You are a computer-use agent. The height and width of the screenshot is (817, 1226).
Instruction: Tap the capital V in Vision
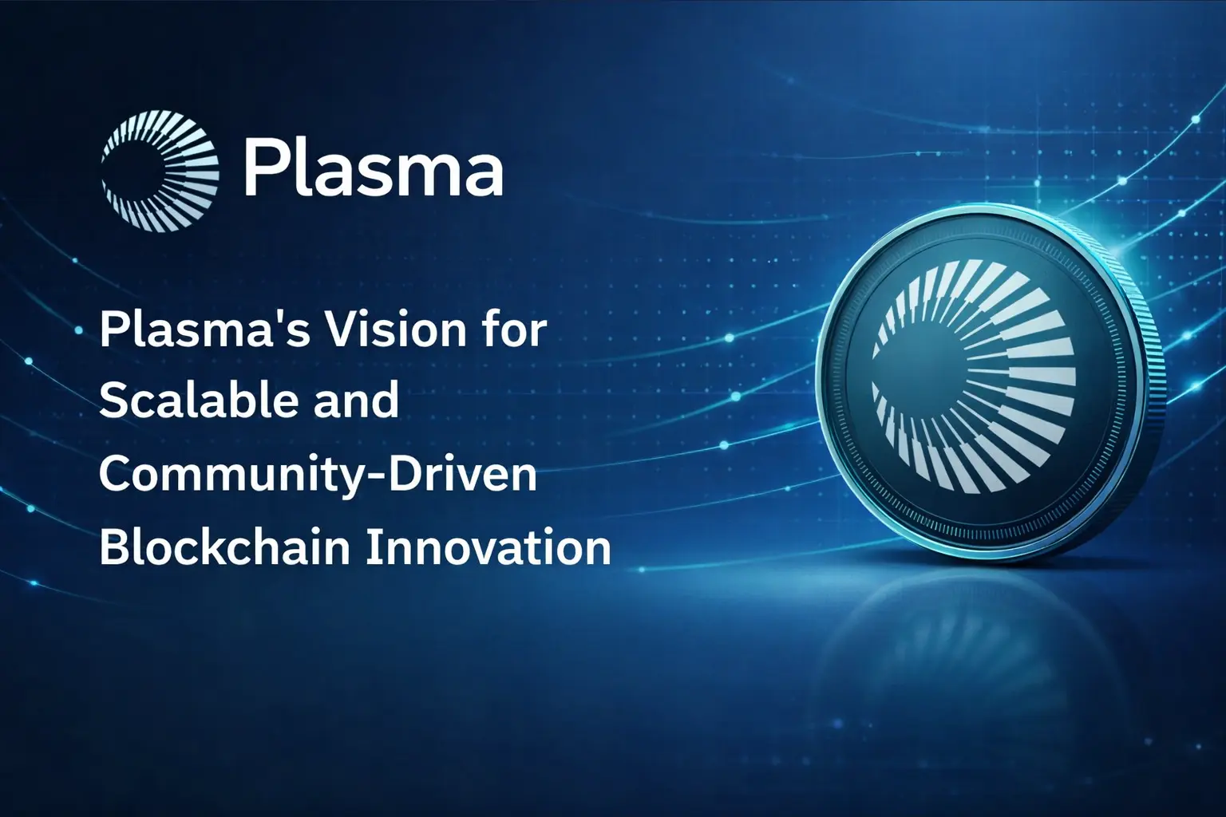click(x=344, y=331)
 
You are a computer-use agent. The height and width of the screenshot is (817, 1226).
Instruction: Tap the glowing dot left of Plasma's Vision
click(x=79, y=330)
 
